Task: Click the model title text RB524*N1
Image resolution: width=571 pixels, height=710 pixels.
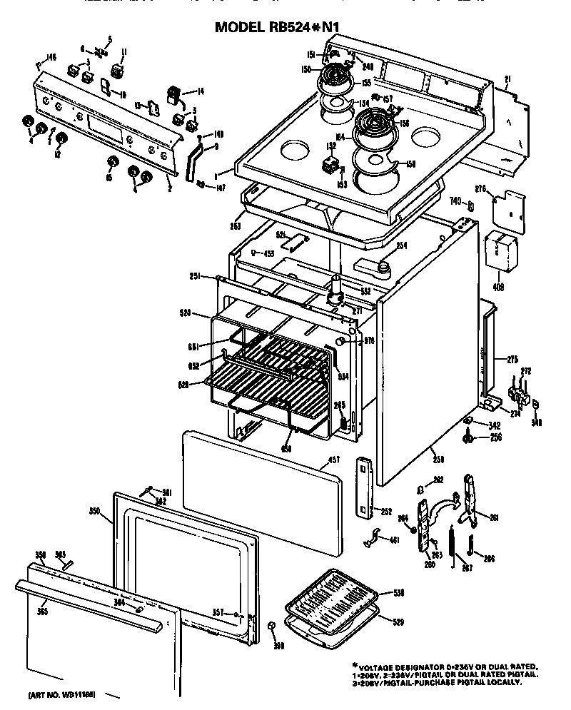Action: pos(278,27)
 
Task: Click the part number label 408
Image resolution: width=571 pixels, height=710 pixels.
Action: pos(498,287)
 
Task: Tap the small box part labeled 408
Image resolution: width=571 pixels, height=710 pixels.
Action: pos(500,252)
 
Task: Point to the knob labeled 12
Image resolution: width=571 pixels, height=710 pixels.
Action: pos(61,138)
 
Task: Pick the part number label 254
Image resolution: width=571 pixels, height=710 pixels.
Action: pos(401,246)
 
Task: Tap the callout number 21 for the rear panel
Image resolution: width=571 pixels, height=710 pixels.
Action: pos(507,79)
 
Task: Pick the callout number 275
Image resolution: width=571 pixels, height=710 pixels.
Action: pos(512,359)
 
